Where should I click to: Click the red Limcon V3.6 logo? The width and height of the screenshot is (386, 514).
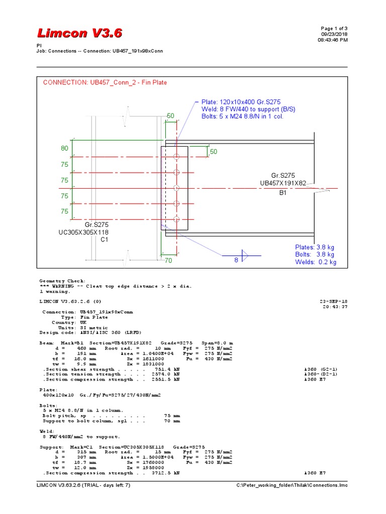[x=79, y=33]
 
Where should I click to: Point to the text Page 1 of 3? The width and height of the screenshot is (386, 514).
[x=334, y=28]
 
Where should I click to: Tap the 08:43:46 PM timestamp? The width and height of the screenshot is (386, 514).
[x=332, y=40]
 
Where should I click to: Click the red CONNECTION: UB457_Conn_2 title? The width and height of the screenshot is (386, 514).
[x=105, y=82]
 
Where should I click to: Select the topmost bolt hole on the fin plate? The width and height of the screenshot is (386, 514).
[x=175, y=157]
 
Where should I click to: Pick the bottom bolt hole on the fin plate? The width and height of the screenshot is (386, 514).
[x=175, y=219]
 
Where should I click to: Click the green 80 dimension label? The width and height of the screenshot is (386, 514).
[x=64, y=149]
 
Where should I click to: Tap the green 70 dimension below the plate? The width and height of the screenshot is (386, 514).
[x=168, y=261]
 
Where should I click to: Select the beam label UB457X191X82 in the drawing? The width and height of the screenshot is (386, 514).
[x=282, y=183]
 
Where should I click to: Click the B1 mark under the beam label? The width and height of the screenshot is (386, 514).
[x=282, y=192]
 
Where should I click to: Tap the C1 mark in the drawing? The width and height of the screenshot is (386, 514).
[x=105, y=240]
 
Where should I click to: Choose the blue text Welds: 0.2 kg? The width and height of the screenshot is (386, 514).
[x=316, y=262]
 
